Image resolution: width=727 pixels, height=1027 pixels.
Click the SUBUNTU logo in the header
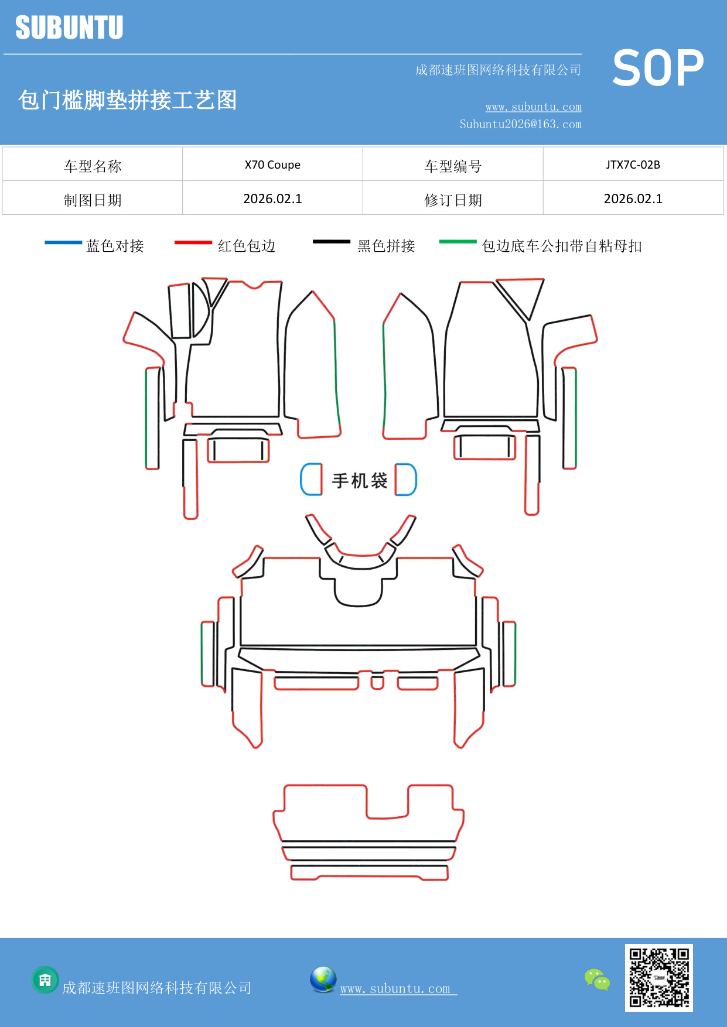[69, 28]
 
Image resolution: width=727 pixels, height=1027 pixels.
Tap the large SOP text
[658, 69]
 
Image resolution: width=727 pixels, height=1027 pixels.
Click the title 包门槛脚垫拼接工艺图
[127, 100]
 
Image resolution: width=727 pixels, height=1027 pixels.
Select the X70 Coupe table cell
[272, 165]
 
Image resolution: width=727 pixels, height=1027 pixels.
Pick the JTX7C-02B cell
[633, 165]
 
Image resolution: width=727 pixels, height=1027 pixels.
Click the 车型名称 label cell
[93, 166]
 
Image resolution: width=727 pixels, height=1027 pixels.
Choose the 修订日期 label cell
[453, 200]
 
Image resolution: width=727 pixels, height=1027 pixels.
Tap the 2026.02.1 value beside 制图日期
[272, 198]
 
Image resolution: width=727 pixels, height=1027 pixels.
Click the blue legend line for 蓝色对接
[63, 242]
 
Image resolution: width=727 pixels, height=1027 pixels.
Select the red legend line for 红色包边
[193, 242]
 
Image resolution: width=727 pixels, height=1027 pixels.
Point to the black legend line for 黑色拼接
[331, 242]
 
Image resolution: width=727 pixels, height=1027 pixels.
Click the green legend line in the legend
[458, 241]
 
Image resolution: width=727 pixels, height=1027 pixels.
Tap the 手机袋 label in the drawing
[359, 481]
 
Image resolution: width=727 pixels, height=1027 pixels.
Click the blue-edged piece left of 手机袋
[312, 480]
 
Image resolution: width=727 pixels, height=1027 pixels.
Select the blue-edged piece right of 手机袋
[405, 480]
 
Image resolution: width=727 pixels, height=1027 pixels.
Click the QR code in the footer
[658, 977]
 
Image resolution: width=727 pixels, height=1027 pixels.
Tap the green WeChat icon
[597, 979]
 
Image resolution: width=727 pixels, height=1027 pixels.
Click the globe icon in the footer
[323, 980]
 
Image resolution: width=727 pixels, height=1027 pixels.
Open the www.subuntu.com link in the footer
[395, 988]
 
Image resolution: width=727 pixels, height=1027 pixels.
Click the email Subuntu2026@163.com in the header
[520, 124]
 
